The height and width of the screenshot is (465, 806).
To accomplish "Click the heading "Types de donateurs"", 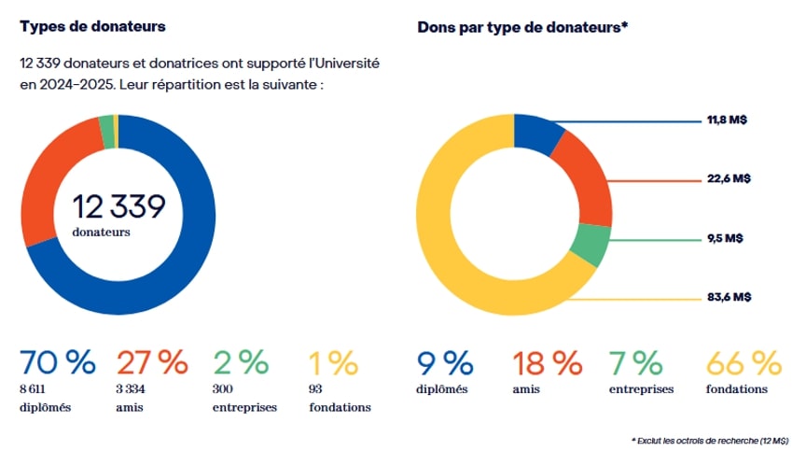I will (x=92, y=26).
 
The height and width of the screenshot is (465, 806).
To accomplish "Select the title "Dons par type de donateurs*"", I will (x=522, y=27).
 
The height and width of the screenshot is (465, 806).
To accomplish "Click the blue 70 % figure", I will (x=57, y=361).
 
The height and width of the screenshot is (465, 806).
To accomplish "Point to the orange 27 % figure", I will (x=151, y=361).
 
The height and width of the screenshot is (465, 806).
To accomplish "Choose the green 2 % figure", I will (x=241, y=361).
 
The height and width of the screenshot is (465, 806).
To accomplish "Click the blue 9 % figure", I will (x=446, y=361).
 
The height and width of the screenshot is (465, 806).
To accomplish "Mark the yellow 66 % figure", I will (x=743, y=361).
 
